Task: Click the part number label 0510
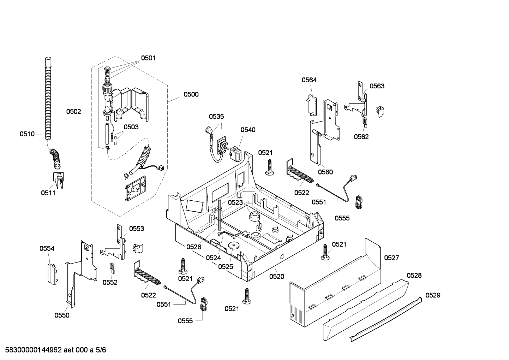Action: coord(27,134)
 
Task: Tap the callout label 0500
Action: coord(191,94)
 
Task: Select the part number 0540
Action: coord(248,130)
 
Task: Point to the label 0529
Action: coord(433,295)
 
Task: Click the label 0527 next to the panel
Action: coord(391,258)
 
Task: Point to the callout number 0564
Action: coord(309,80)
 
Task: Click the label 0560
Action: coord(325,172)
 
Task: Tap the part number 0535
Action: coord(216,117)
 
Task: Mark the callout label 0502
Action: coord(73,112)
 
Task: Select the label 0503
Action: coord(131,127)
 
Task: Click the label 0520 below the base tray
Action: coord(276,277)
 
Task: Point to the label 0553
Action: coord(136,229)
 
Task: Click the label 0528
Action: coord(414,276)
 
